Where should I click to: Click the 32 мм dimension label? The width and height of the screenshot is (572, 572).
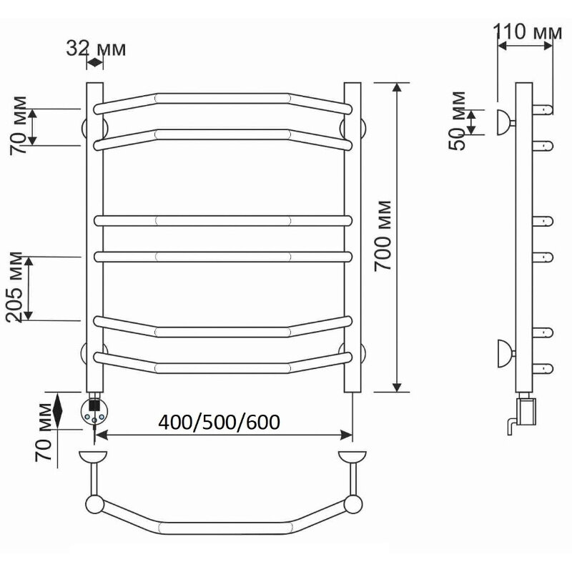(x=96, y=48)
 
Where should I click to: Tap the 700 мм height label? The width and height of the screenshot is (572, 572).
(x=383, y=236)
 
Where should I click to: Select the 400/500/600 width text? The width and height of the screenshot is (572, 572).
(x=220, y=422)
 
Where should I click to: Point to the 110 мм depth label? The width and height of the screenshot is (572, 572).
(x=528, y=31)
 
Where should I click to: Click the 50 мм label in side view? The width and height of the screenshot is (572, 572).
(x=458, y=121)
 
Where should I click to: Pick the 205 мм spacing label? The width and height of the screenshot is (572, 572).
(x=15, y=287)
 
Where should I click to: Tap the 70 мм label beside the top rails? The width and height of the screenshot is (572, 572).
(x=19, y=125)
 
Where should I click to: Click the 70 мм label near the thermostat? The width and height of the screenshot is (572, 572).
(x=44, y=433)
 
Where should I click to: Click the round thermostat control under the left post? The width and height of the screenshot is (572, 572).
(x=94, y=411)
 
